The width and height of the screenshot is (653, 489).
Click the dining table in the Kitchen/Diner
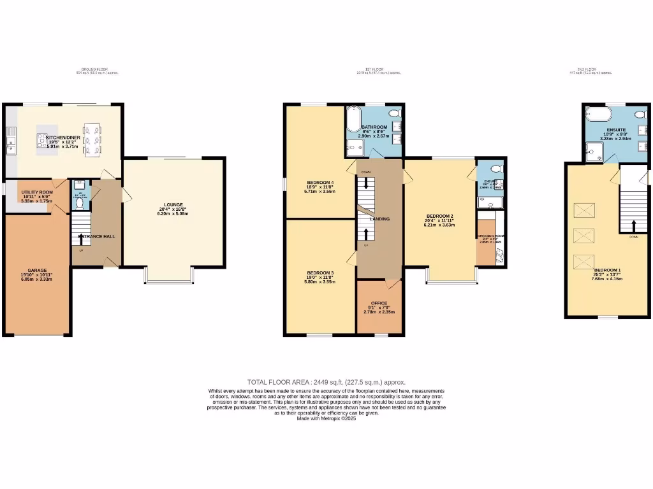[92, 139]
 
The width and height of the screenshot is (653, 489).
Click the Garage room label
[36, 270]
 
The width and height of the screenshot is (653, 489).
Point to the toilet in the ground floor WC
[80, 186]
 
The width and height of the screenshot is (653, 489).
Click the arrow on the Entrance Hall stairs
[81, 237]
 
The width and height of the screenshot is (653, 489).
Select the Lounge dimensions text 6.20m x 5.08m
[173, 214]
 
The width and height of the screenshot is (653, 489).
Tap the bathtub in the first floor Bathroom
[354, 119]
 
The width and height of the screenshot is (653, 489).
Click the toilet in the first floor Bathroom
[394, 113]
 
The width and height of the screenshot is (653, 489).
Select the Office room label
[379, 303]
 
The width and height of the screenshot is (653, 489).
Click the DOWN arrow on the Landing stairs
[366, 183]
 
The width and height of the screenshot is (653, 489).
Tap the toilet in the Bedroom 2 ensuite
[497, 170]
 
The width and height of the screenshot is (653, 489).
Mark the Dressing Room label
[490, 236]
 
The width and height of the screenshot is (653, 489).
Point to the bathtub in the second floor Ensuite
[598, 115]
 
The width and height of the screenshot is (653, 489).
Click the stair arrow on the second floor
[633, 226]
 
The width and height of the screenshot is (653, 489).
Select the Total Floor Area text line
[326, 382]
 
